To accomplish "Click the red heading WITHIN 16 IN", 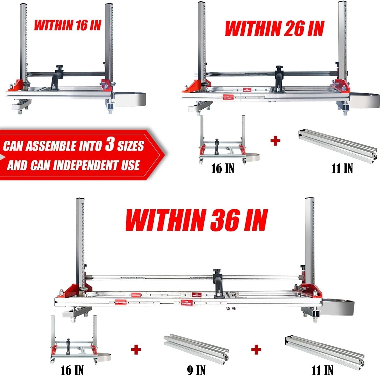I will tap(67, 25).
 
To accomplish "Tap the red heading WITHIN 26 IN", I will tap(274, 28).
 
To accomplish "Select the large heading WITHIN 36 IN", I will tap(196, 220).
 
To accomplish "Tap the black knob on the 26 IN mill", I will tap(279, 68).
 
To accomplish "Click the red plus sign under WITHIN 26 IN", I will tap(275, 141).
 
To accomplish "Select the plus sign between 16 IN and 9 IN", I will tap(136, 350).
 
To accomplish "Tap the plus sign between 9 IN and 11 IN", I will tap(256, 350).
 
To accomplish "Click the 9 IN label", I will tap(196, 370).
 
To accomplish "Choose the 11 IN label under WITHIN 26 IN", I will tap(342, 169).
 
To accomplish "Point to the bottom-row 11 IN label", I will tap(322, 370).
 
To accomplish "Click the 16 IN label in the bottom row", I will tap(72, 370).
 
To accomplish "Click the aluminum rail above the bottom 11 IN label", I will tap(325, 350).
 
